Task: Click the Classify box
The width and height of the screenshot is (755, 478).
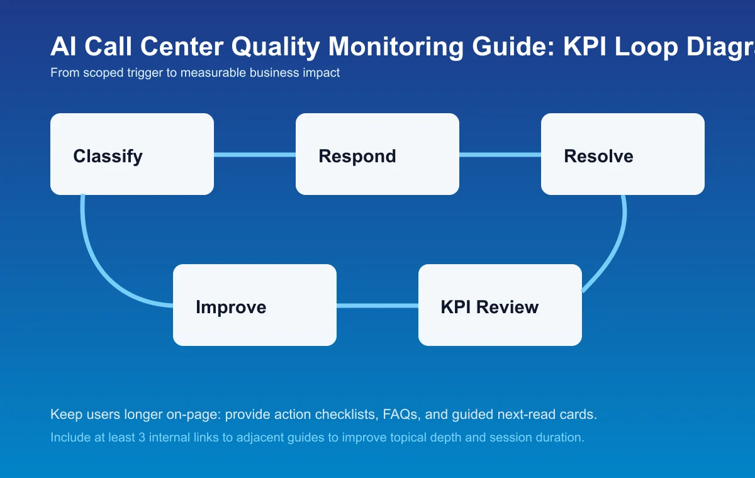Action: point(132,154)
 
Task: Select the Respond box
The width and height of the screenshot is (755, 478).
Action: point(377,154)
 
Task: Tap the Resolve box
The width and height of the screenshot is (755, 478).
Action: point(623,154)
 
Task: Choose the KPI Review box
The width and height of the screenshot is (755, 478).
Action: point(500,305)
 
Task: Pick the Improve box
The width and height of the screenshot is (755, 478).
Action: point(255,305)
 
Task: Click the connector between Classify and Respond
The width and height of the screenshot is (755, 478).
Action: point(255,154)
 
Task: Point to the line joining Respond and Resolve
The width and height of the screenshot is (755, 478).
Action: point(500,154)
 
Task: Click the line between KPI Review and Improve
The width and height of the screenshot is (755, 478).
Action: point(377,306)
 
